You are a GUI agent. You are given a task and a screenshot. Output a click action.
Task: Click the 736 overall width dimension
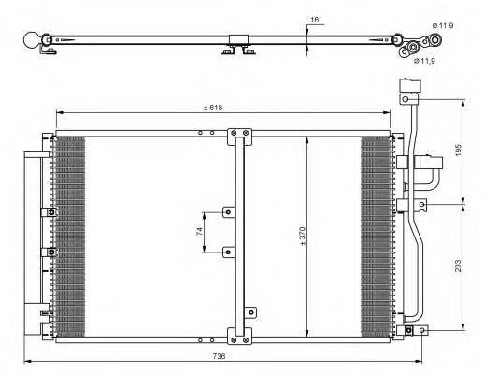coord(219,356)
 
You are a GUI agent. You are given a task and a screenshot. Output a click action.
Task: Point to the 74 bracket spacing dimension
coord(199,231)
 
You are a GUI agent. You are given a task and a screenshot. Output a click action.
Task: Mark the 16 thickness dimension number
coord(314,19)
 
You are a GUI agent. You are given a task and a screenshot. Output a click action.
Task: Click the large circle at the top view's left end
coord(34,40)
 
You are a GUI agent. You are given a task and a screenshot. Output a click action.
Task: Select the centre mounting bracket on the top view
coord(237,45)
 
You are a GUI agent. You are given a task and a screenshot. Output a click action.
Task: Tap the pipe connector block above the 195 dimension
coord(408,88)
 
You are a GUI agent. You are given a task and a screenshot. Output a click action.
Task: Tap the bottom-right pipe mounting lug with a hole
coord(424,329)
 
